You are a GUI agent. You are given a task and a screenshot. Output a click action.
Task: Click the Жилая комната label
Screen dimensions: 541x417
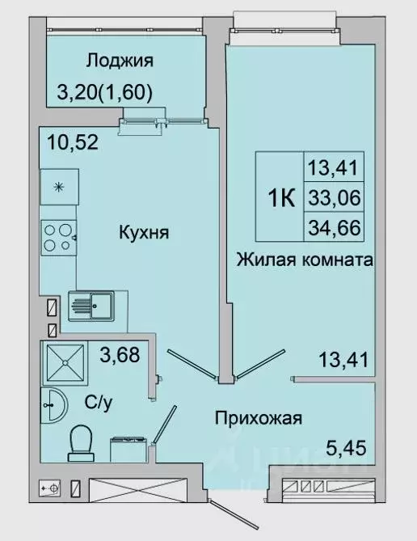[x=304, y=260]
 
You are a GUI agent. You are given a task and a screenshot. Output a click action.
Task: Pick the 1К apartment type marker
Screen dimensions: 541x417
[x=279, y=195]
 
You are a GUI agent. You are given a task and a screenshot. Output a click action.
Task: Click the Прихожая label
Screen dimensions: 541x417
[x=258, y=418]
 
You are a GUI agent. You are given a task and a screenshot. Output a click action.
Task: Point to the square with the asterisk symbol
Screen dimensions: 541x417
[x=59, y=188]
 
